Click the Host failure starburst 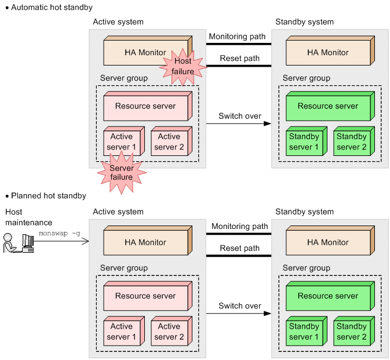(x=183, y=66)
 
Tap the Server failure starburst (x=121, y=172)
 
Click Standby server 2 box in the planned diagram (x=352, y=332)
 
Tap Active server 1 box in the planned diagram (x=122, y=332)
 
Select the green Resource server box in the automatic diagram (x=328, y=107)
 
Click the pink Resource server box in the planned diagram (x=145, y=296)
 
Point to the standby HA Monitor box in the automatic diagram (x=327, y=53)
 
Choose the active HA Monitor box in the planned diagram (x=145, y=243)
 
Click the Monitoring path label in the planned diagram (x=240, y=226)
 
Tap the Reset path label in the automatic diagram (x=240, y=58)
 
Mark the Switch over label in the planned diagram (x=240, y=306)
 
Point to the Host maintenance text (x=28, y=217)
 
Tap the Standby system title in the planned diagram (x=304, y=212)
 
